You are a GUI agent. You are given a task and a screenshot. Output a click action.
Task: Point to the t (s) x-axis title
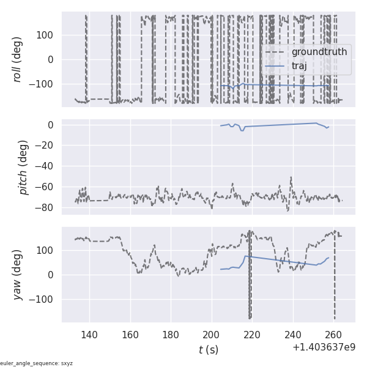pos(208,350)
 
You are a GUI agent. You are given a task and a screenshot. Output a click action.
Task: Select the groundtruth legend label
pos(319,52)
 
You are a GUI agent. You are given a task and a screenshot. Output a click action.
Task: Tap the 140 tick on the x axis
pos(89,335)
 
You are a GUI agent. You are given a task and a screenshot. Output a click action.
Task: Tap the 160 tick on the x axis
pos(130,335)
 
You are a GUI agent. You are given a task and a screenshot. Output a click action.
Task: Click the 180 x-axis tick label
pos(171,335)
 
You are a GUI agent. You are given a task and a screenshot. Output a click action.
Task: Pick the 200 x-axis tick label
pos(212,335)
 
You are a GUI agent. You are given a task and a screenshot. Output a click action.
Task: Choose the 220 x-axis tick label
pos(253,335)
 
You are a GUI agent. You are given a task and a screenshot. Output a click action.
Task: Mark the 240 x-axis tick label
pos(293,335)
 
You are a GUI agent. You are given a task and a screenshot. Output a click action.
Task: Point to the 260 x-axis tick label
pos(334,335)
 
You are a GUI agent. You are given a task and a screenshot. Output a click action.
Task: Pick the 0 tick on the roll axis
pos(51,59)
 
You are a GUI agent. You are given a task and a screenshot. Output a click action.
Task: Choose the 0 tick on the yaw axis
pos(51,275)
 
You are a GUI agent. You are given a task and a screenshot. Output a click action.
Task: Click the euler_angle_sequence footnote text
pos(37,363)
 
